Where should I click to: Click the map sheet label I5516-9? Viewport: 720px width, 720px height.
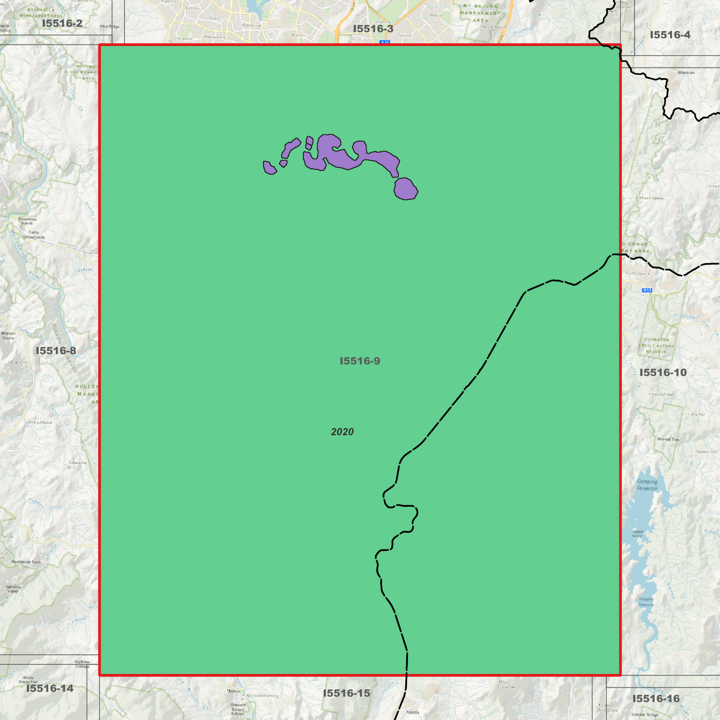pos(360,361)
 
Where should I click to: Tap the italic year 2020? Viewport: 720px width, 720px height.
pos(342,432)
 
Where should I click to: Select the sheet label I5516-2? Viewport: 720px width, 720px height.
pos(62,23)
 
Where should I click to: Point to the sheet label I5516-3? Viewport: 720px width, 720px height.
pos(373,29)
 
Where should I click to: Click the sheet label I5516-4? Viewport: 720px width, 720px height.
pos(670,35)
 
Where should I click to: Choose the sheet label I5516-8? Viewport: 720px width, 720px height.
pos(56,351)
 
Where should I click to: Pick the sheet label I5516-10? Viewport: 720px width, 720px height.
pos(663,373)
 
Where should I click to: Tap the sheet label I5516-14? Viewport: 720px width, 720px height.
pos(50,689)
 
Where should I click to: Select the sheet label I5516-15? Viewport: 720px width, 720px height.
pos(346,693)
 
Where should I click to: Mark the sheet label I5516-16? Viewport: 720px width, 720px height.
pos(656,699)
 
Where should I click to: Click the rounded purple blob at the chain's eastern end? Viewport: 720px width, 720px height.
pos(406,189)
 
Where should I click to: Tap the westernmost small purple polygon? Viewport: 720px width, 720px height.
pos(269,168)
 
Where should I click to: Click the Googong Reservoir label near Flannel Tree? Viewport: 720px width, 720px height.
pos(647,485)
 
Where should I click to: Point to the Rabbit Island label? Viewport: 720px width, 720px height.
pos(637,534)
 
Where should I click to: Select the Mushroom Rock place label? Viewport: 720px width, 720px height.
pos(26,562)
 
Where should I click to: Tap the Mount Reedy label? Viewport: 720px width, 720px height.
pos(651,198)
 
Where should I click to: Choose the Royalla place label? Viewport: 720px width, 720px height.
pos(413,712)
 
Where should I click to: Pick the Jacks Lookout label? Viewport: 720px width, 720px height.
pos(39,423)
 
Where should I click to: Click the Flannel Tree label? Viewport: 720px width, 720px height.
pos(668,439)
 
